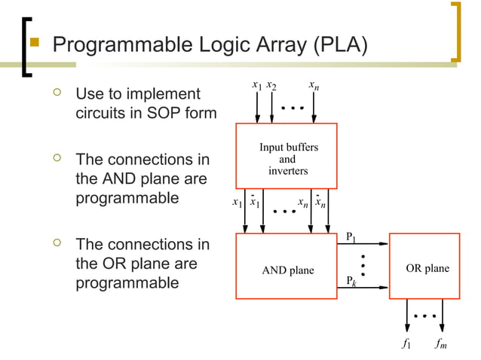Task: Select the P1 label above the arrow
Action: [x=351, y=236]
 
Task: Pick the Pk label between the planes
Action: [x=351, y=281]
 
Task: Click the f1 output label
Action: [x=406, y=345]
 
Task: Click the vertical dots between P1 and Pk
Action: [x=363, y=265]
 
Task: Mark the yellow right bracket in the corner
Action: [x=455, y=32]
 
